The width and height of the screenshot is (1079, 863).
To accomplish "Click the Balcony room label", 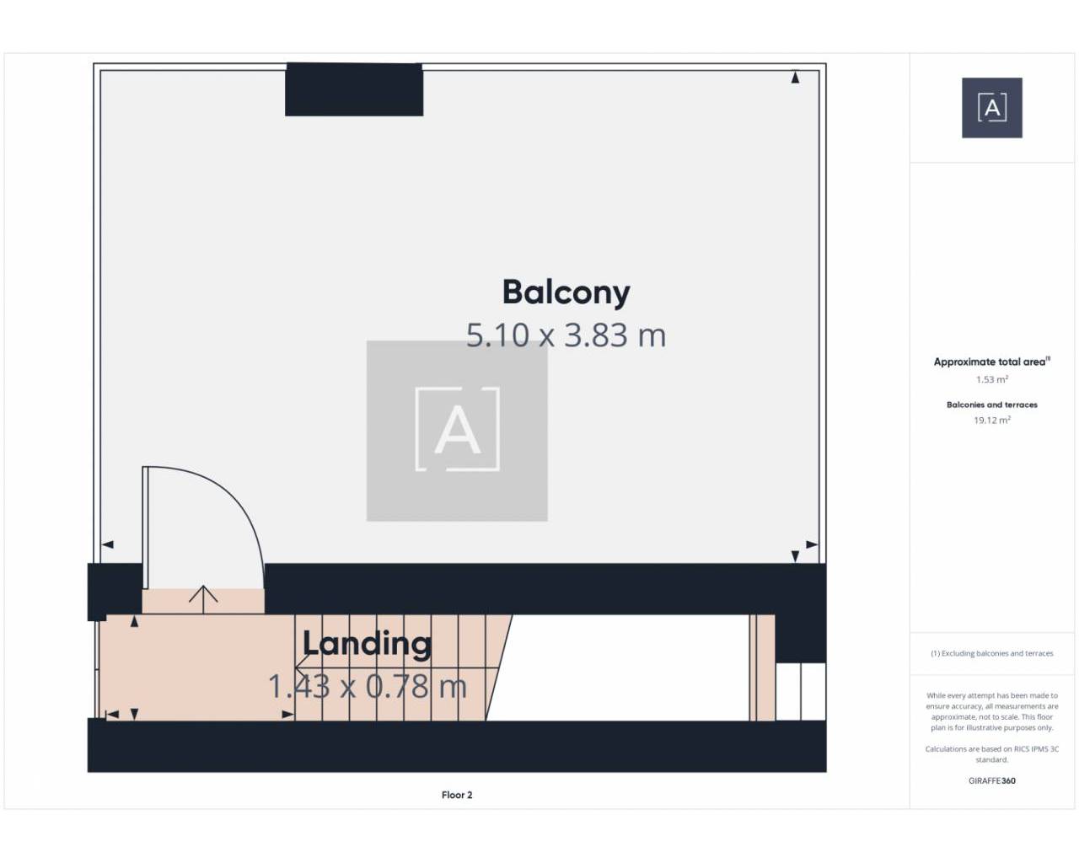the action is coord(566,293).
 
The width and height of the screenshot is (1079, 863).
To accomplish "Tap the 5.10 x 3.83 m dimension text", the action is coord(566,335).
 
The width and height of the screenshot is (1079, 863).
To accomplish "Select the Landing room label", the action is coord(367,643).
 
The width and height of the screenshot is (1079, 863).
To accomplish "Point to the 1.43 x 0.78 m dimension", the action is coord(368,686).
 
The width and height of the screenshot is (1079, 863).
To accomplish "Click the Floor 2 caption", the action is coord(457,795).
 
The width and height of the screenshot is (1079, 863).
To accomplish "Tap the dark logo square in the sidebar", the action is coord(992,108).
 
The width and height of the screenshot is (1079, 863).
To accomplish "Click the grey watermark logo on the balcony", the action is coord(457,431).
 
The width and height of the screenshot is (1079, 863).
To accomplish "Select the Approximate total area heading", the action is coord(991,362).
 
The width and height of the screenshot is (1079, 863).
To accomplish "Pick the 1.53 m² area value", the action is coord(992,379).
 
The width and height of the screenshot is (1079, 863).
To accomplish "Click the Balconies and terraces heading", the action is coord(992,405).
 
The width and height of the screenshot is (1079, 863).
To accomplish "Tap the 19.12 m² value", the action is coord(992,421).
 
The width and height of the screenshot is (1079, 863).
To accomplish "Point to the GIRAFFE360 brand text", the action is coord(992,780).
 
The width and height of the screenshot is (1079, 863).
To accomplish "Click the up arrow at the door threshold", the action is coord(203,599).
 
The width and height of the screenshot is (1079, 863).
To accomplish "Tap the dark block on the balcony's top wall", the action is coord(354,89).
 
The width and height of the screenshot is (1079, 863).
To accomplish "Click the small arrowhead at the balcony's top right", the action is coord(795,78).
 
